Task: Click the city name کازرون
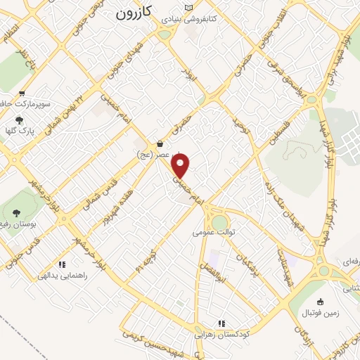pos(133,13)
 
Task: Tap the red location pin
pos(181,166)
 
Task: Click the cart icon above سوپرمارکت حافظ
pos(23,93)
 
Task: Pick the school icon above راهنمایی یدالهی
pos(62,265)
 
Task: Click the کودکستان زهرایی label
pos(222,335)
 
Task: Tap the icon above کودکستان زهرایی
pos(221,324)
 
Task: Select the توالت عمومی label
pos(219,231)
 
